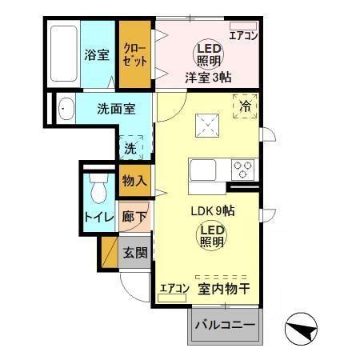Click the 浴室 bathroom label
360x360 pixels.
tap(98, 55)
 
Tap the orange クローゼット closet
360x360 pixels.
tap(134, 54)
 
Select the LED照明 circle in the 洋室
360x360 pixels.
tap(206, 55)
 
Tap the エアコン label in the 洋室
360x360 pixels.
tap(242, 34)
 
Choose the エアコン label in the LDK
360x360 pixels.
tap(173, 288)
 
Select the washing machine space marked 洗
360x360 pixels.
tap(130, 147)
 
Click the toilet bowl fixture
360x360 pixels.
tap(99, 190)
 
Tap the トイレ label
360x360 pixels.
tap(98, 216)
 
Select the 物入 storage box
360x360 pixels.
tap(134, 181)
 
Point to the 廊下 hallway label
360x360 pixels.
tap(134, 216)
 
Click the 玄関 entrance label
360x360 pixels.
tap(134, 253)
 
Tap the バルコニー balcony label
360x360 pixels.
tap(225, 327)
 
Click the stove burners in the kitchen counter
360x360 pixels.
tap(242, 170)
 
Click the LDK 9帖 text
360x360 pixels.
tap(211, 212)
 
